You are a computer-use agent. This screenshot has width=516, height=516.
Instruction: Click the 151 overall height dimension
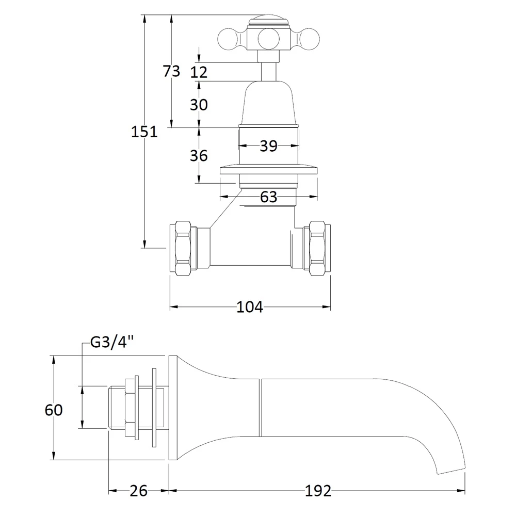[x=144, y=132]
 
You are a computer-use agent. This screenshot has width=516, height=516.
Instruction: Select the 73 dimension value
[x=171, y=71]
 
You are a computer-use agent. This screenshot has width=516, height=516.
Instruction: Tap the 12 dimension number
[x=199, y=72]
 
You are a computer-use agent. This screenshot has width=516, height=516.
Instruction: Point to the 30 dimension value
[x=199, y=105]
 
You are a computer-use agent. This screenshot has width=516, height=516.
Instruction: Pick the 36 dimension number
[x=199, y=155]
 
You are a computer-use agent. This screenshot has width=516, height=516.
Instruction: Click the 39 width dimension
[x=268, y=146]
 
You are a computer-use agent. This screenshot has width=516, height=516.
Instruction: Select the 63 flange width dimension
[x=268, y=197]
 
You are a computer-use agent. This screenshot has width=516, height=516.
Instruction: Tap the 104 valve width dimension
[x=250, y=307]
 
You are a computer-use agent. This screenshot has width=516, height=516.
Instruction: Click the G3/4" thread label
[x=112, y=342]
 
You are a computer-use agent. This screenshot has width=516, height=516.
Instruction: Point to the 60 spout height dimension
[x=54, y=410]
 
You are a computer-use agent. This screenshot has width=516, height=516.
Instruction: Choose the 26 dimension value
[x=138, y=491]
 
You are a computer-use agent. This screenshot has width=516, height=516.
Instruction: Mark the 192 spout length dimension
[x=318, y=491]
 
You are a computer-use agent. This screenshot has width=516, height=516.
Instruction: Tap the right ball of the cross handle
[x=306, y=39]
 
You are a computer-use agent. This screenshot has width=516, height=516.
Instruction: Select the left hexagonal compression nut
[x=184, y=248]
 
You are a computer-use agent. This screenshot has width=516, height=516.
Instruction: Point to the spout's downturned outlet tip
[x=451, y=467]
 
